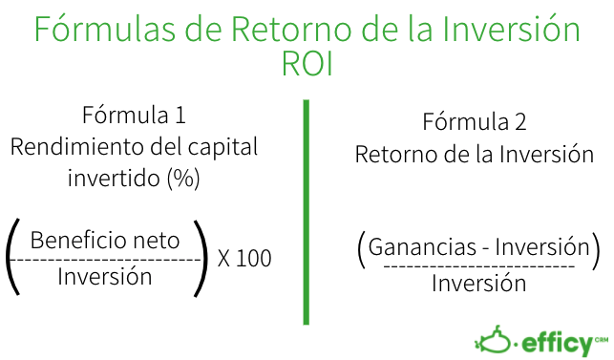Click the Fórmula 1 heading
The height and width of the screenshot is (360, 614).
point(133,116)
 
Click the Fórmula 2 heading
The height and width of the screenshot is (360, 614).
point(474,123)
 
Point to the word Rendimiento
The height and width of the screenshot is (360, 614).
point(72,147)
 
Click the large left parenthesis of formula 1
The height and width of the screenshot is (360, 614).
point(13,258)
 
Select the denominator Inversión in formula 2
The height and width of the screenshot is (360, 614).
point(478,284)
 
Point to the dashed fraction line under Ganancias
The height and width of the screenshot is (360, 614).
point(478,265)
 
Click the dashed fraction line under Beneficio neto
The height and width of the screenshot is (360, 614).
point(107,259)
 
